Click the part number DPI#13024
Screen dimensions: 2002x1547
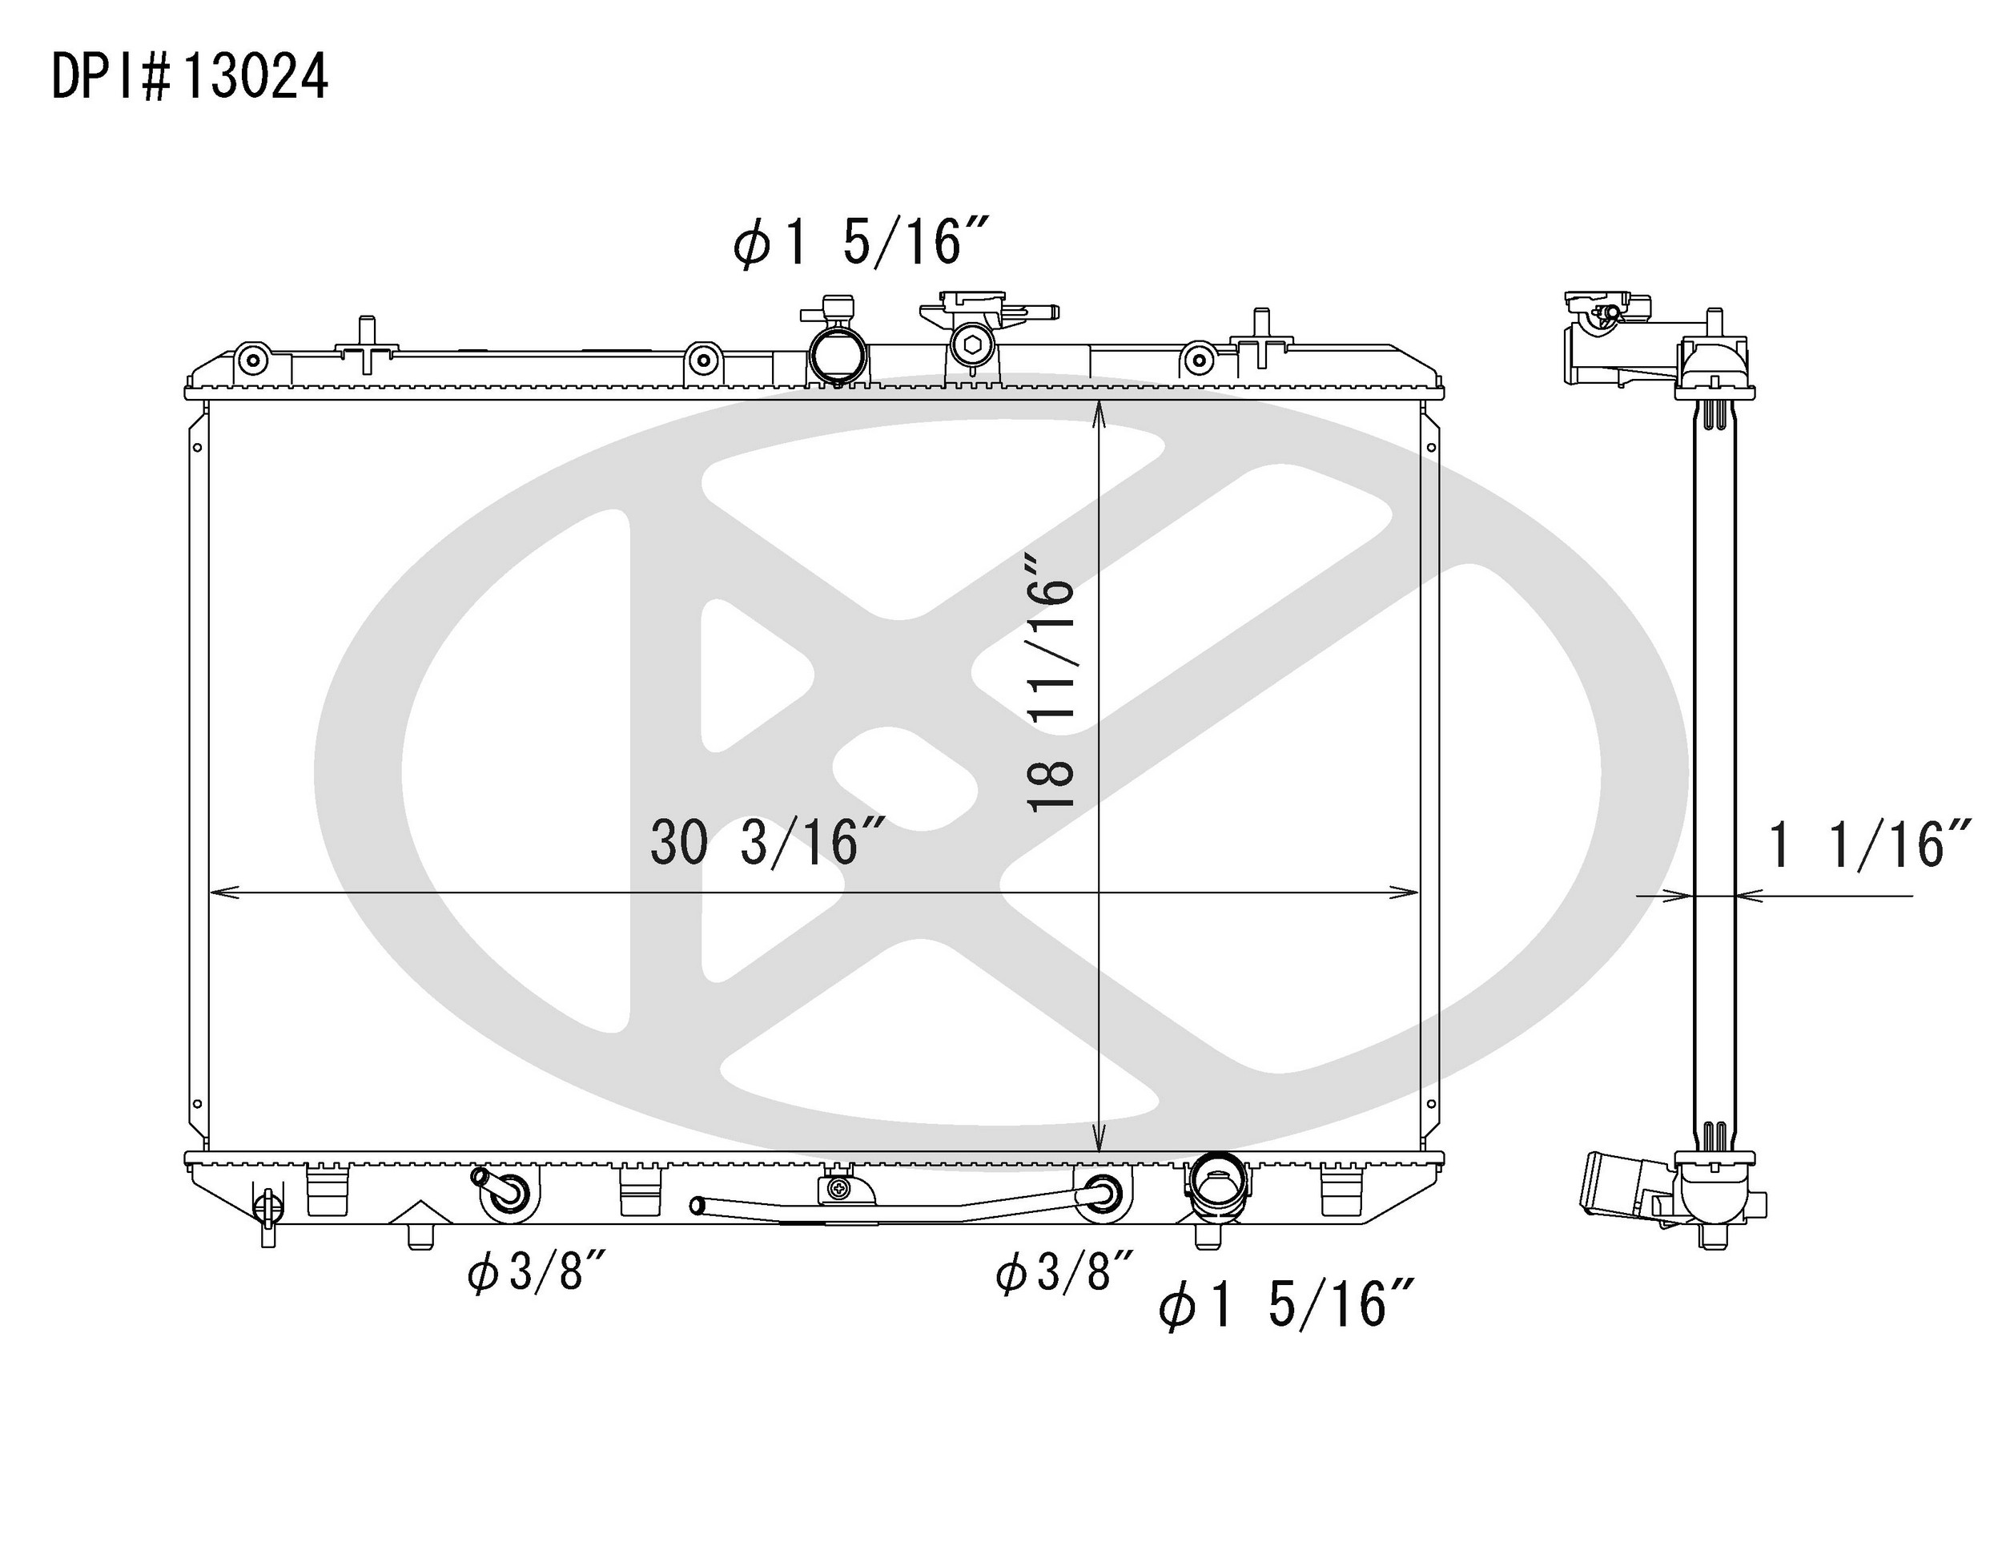coord(190,76)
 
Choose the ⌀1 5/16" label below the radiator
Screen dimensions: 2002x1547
coord(1286,1306)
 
